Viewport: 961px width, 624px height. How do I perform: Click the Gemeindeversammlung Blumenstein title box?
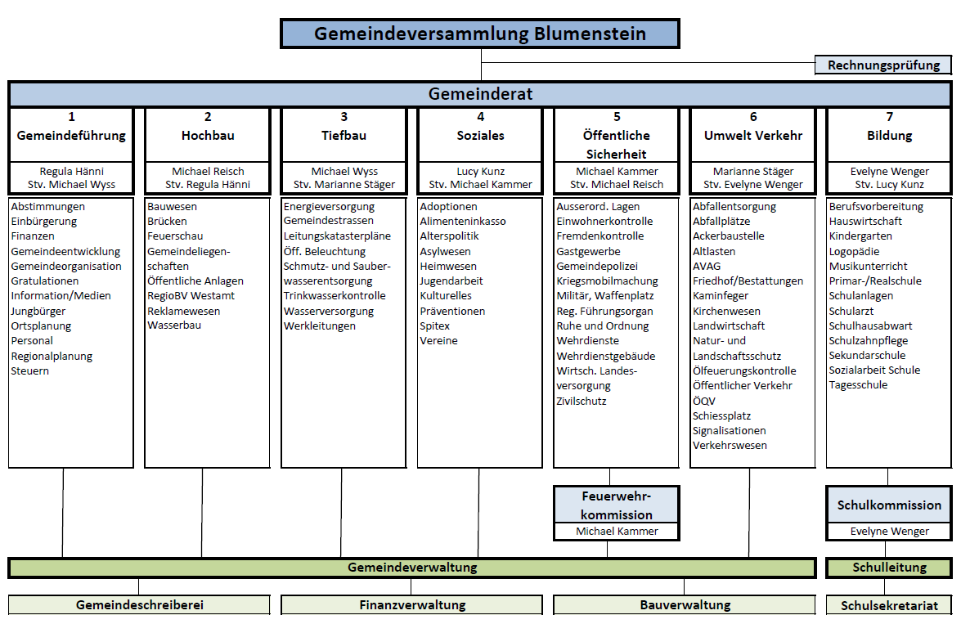(x=480, y=33)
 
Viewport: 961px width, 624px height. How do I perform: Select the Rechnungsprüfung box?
(x=883, y=65)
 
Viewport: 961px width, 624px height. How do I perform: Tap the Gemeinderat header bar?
(x=480, y=94)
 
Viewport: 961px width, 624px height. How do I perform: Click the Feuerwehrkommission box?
(x=617, y=513)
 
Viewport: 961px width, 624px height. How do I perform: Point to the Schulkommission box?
(x=889, y=513)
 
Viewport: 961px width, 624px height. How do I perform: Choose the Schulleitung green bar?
(x=889, y=568)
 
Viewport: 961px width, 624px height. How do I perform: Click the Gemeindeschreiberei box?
(x=139, y=605)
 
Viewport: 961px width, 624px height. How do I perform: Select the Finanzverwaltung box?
(x=412, y=605)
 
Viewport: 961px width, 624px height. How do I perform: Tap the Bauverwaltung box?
(x=685, y=605)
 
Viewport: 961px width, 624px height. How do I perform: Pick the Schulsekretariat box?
(x=889, y=606)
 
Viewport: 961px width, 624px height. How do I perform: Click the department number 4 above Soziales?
(x=481, y=116)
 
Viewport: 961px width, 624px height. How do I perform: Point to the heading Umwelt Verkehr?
(x=753, y=136)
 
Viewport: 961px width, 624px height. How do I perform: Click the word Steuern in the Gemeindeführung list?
(x=30, y=370)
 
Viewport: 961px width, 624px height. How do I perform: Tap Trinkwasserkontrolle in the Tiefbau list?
(x=335, y=295)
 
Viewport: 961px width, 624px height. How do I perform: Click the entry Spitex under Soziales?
(x=434, y=326)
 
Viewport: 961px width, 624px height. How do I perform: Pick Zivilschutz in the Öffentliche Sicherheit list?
(x=581, y=401)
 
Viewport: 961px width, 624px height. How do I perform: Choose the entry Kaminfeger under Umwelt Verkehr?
(x=721, y=295)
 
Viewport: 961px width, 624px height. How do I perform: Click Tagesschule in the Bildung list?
(x=858, y=385)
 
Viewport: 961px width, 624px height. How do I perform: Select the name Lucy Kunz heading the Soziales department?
(x=481, y=172)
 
